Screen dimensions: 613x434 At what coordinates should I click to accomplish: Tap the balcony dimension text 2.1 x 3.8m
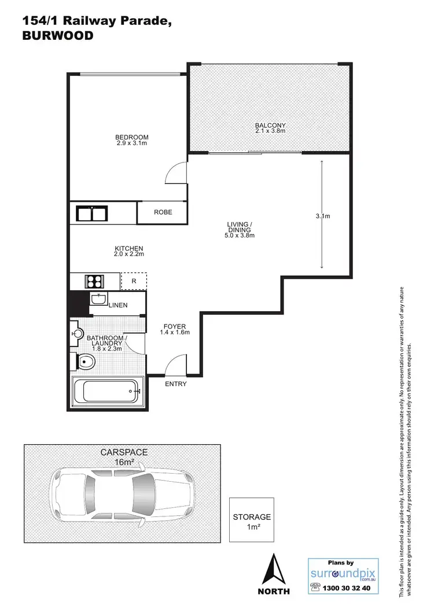271,131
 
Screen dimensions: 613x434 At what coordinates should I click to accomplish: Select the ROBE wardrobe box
163,212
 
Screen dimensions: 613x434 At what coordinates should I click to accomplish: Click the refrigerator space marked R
134,282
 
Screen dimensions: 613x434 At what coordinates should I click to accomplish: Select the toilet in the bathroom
84,362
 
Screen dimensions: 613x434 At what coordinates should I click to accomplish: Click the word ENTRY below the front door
176,384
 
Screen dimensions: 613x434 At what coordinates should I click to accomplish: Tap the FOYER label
174,327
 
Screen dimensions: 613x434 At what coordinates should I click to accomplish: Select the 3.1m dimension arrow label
322,216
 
